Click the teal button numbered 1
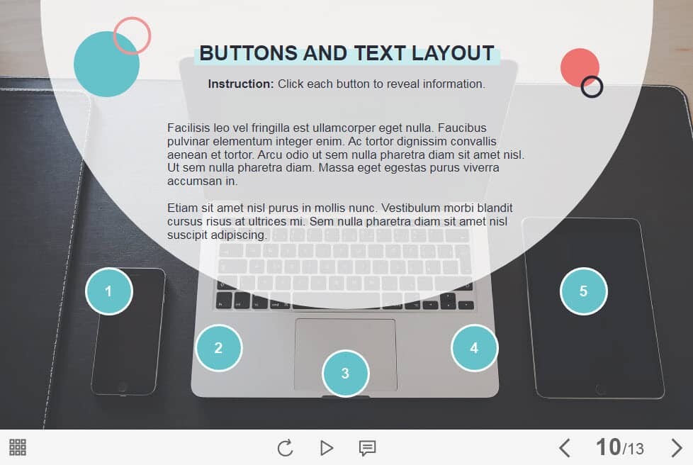[x=108, y=291]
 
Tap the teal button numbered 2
[x=219, y=347]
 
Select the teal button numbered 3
[x=345, y=373]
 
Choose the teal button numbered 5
[x=583, y=291]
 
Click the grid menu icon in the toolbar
[x=18, y=447]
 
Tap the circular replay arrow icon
[x=285, y=448]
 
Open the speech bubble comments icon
[x=367, y=448]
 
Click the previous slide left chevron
[x=564, y=448]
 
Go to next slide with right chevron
[x=676, y=448]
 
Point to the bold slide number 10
[x=608, y=447]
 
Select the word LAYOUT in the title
[x=453, y=53]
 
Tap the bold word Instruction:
[x=241, y=84]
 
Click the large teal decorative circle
[x=106, y=65]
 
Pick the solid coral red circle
[x=580, y=67]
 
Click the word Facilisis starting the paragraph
[x=188, y=128]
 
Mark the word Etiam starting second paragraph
[x=183, y=208]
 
